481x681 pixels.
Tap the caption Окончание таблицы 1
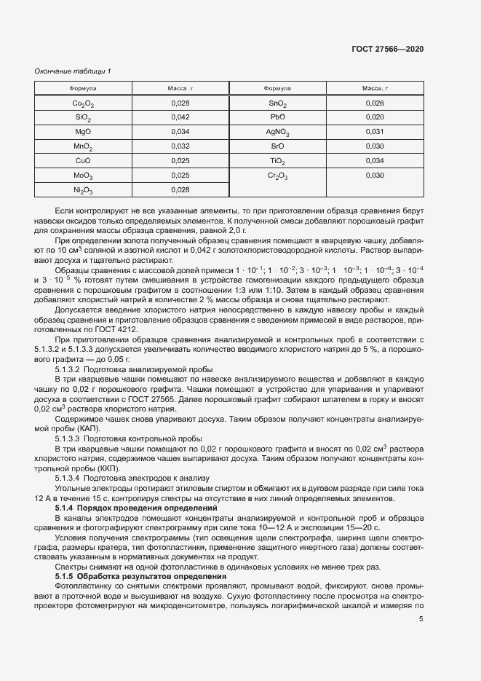(x=73, y=71)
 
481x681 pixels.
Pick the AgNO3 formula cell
(x=277, y=132)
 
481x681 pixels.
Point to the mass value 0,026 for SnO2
(x=374, y=103)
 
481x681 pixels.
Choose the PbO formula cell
(x=277, y=117)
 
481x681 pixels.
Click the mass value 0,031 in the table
(x=374, y=132)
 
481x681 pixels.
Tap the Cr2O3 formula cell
(x=277, y=176)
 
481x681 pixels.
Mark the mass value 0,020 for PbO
(x=374, y=117)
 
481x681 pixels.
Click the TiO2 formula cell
(x=277, y=161)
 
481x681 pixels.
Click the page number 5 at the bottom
(x=421, y=620)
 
